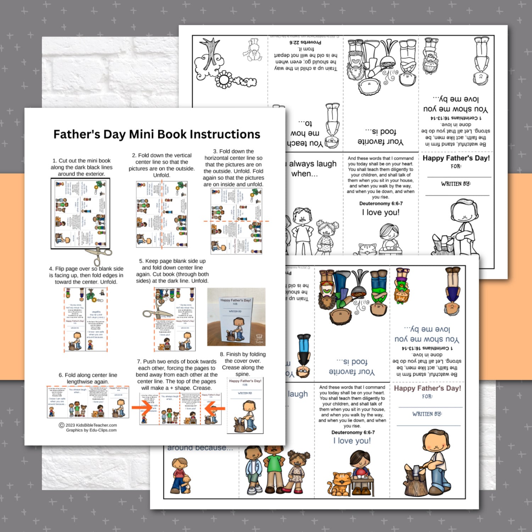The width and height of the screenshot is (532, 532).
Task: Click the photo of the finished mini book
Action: pos(236,317)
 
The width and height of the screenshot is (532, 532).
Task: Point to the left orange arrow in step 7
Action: pos(142,407)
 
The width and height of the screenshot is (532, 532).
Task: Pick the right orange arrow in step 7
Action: pos(215,409)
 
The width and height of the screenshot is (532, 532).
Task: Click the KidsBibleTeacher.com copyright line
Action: pos(88,425)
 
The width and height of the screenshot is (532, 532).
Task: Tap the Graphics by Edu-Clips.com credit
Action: pos(91,430)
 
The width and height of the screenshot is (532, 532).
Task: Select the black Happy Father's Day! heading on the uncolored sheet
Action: pos(456,158)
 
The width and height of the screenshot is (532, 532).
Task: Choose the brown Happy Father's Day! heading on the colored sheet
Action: pos(427,388)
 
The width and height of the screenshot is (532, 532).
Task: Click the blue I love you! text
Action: pos(352,441)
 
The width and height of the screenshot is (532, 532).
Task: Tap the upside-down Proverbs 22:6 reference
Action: pos(305,42)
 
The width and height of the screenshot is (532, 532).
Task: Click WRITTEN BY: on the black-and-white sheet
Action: pos(456,184)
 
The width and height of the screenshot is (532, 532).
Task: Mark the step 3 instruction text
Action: pos(233,168)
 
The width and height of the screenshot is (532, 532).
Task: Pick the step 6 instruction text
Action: pos(88,378)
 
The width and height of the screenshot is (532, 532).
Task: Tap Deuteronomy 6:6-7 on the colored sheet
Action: pos(353,432)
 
